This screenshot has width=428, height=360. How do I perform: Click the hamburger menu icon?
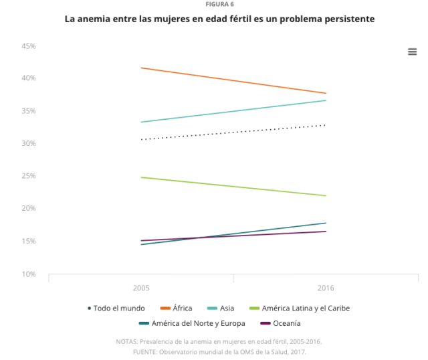(x=413, y=52)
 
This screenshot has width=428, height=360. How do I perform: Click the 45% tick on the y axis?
(x=28, y=46)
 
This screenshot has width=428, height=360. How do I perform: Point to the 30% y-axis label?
(x=28, y=144)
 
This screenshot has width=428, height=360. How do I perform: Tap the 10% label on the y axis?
(x=28, y=274)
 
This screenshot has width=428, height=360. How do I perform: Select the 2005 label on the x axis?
(x=141, y=288)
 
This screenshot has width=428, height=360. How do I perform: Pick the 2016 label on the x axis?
(x=326, y=288)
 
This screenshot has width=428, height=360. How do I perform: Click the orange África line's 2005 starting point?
(x=141, y=68)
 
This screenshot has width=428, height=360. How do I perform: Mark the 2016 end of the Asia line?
(x=326, y=100)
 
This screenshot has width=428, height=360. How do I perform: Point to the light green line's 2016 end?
(x=326, y=195)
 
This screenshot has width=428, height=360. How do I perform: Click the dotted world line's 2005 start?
(x=141, y=139)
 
